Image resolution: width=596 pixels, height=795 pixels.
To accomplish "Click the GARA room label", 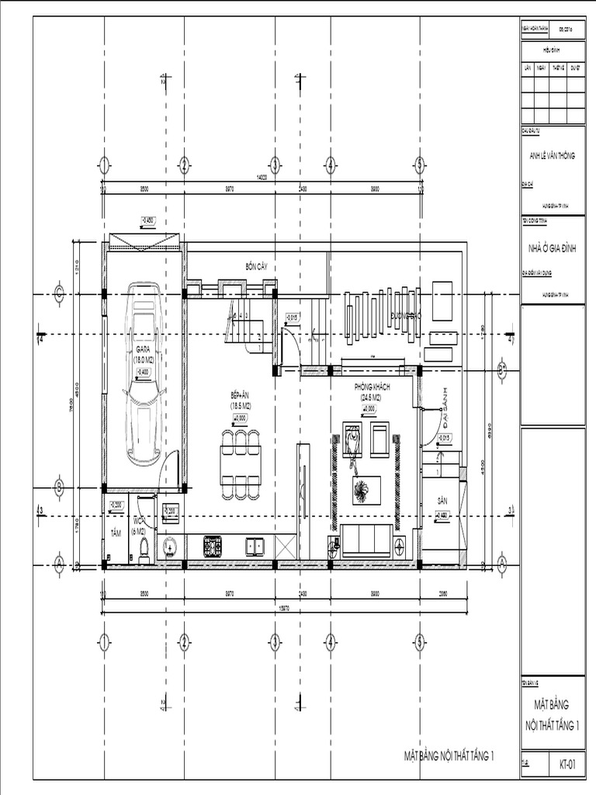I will coord(143,350).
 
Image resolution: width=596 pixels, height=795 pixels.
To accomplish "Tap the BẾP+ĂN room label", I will coord(241,396).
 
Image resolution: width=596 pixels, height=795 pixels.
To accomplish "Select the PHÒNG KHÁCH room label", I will coord(372,387).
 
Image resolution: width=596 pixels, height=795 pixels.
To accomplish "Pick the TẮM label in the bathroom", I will coord(116,533).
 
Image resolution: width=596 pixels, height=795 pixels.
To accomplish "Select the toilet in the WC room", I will coord(142,547).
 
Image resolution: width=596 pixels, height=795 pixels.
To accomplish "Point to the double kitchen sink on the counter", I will coord(255,547).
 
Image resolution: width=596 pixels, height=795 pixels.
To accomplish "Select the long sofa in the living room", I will coord(366,540).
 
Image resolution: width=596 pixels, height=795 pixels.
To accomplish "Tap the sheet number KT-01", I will coord(567,764).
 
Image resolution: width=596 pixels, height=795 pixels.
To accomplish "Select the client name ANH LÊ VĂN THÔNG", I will coord(552,155).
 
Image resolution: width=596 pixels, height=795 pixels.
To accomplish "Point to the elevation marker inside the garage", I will coord(143,373).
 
